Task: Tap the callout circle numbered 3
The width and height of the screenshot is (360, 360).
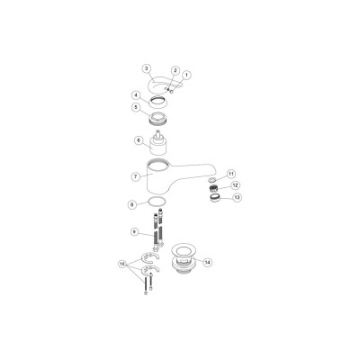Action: point(146,68)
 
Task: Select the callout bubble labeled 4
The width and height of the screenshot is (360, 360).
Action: point(135,94)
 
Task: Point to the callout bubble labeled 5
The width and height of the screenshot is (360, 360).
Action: point(135,107)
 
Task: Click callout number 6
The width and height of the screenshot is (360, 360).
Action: point(138,140)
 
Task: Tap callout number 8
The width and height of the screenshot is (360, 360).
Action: point(133,204)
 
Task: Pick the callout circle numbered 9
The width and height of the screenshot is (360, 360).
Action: point(133,231)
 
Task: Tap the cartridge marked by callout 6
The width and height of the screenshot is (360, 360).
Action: point(161,143)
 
